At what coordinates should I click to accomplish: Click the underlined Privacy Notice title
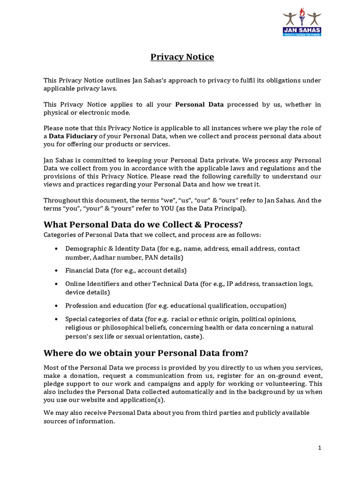tap(182, 57)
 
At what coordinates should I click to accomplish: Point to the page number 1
tap(319, 448)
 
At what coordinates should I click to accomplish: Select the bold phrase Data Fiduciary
tap(73, 136)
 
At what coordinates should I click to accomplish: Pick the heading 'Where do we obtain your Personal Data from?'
tap(145, 352)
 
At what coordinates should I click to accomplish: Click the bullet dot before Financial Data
tap(56, 271)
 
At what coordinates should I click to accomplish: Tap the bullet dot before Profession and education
tap(56, 306)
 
